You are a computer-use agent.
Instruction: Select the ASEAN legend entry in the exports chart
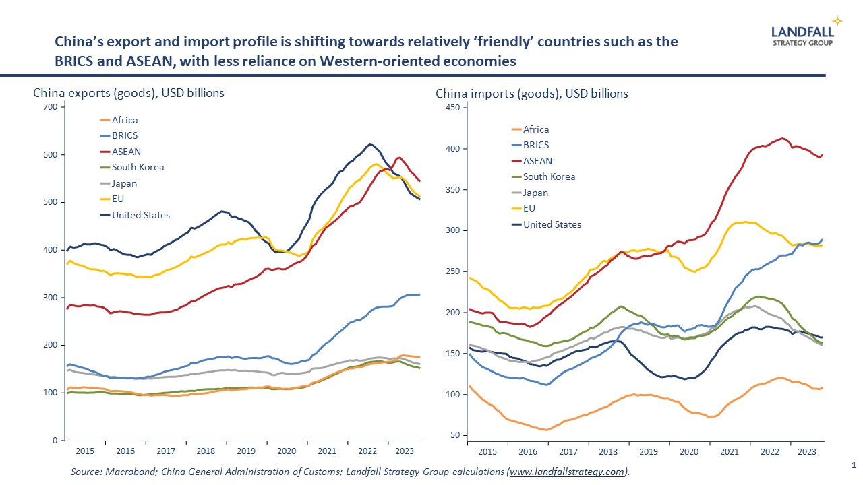pyautogui.click(x=126, y=152)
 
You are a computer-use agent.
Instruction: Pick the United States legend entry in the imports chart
pyautogui.click(x=552, y=224)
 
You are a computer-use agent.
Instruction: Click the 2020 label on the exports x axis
pyautogui.click(x=287, y=451)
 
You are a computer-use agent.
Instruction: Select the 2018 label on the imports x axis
pyautogui.click(x=608, y=451)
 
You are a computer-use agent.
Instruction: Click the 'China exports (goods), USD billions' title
pyautogui.click(x=129, y=93)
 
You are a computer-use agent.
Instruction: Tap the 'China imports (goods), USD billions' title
pyautogui.click(x=532, y=94)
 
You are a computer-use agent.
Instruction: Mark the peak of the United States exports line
pyautogui.click(x=369, y=144)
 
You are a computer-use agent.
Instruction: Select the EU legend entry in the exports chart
pyautogui.click(x=118, y=199)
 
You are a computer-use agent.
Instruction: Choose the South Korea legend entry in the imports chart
pyautogui.click(x=549, y=176)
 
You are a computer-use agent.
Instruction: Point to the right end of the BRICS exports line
pyautogui.click(x=420, y=294)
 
